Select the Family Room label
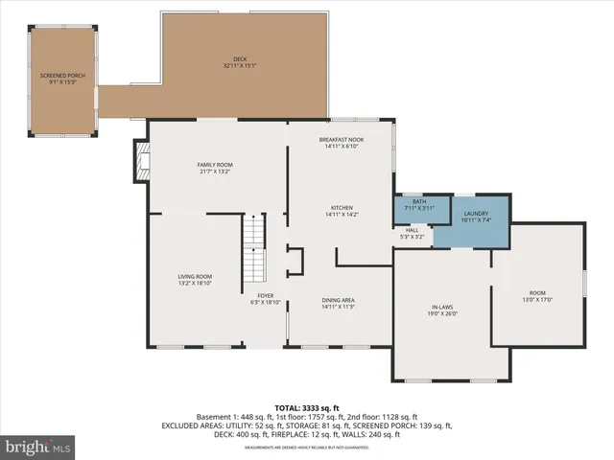pyautogui.click(x=216, y=165)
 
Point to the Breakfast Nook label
pyautogui.click(x=342, y=140)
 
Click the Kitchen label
pyautogui.click(x=342, y=208)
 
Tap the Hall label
pyautogui.click(x=412, y=230)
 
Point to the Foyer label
pyautogui.click(x=265, y=296)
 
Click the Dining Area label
pyautogui.click(x=338, y=300)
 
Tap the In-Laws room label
pyautogui.click(x=442, y=307)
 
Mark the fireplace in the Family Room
pyautogui.click(x=143, y=163)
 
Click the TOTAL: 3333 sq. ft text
pyautogui.click(x=306, y=408)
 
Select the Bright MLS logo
pyautogui.click(x=38, y=447)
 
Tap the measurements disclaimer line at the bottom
pyautogui.click(x=306, y=448)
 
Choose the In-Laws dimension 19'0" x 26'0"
pyautogui.click(x=442, y=313)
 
